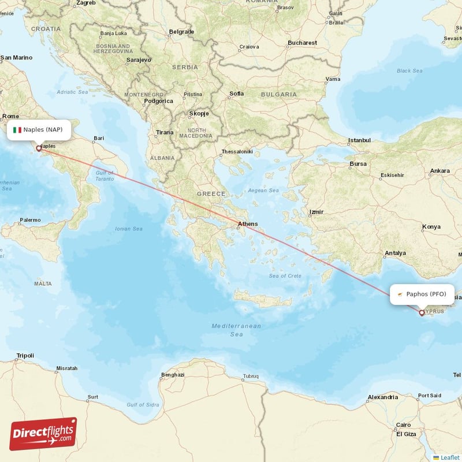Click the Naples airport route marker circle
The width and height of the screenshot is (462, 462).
click(39, 148)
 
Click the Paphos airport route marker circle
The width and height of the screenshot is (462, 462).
click(422, 313)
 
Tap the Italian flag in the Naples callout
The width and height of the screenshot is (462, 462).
click(17, 130)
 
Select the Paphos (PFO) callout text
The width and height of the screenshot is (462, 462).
click(426, 294)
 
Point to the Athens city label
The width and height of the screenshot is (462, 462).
click(248, 224)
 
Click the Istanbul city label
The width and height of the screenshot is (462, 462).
click(359, 140)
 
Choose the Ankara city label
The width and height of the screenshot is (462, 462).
click(439, 171)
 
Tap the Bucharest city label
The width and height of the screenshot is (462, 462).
click(303, 43)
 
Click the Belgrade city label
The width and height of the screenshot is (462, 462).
click(181, 32)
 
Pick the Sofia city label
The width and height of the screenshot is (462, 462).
click(237, 94)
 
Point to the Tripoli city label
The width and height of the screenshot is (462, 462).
click(25, 356)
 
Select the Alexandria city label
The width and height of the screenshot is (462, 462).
click(383, 397)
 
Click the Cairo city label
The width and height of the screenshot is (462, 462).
click(404, 424)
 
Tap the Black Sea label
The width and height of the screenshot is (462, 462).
click(409, 71)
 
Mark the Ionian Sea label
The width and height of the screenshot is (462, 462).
click(129, 229)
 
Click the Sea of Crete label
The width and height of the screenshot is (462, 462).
click(285, 275)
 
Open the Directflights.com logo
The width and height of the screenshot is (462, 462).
click(43, 434)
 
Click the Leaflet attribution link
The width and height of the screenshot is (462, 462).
click(450, 457)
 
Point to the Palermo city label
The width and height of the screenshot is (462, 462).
click(30, 220)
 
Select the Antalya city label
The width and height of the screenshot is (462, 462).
click(396, 253)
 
